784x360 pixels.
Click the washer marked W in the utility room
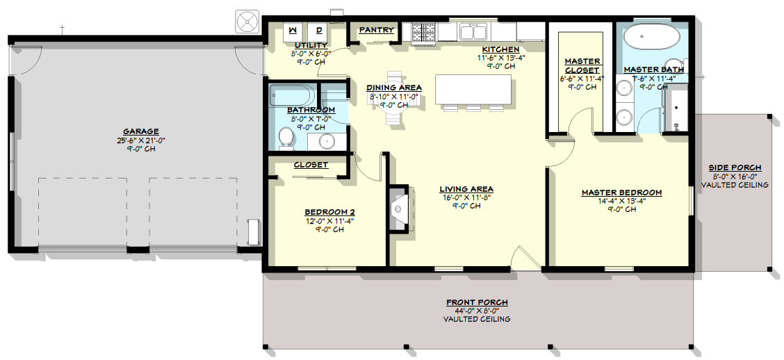[x=293, y=31]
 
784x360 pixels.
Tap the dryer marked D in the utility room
[x=318, y=31]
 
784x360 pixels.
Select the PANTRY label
[x=377, y=30]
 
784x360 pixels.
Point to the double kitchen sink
[x=473, y=32]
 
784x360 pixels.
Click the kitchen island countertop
[x=473, y=90]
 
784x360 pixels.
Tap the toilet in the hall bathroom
[x=286, y=138]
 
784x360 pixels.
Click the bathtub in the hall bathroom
[x=293, y=95]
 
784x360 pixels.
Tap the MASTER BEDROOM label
[x=621, y=193]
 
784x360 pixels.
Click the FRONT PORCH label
[x=477, y=302]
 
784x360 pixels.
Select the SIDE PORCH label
[x=735, y=167]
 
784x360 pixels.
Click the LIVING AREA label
[x=466, y=189]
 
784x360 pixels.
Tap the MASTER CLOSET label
[x=582, y=66]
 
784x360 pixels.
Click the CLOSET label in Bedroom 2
[x=311, y=165]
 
